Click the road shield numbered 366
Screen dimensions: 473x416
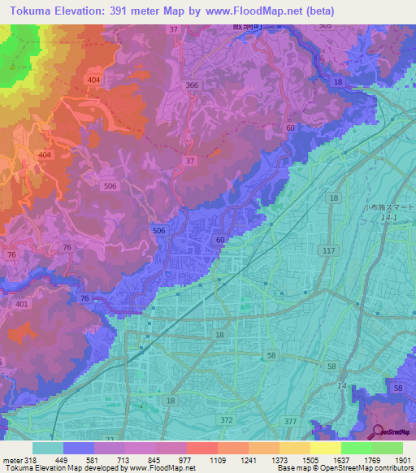[192, 85]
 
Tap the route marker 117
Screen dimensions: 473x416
[328, 251]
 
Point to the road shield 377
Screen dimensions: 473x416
[291, 420]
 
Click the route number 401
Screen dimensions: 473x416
[22, 304]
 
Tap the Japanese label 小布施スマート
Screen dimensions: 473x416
[389, 207]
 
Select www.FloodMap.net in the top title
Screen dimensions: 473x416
[249, 11]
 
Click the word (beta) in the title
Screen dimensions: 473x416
[317, 11]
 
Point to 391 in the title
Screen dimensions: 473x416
[119, 11]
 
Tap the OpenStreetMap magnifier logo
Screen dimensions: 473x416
[377, 432]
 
